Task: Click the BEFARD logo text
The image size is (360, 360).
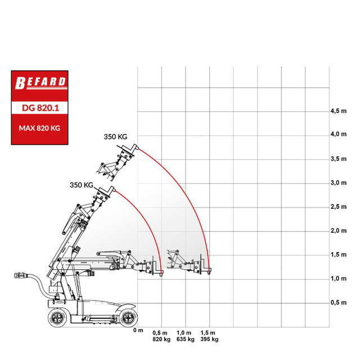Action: [40, 83]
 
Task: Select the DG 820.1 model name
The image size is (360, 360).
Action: [40, 108]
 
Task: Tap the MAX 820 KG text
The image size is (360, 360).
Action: [39, 128]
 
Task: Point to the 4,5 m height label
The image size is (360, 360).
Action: [339, 111]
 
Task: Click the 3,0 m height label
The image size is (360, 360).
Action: [339, 183]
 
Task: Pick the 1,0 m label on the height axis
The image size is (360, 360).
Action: [339, 279]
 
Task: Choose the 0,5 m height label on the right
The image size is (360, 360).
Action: [339, 303]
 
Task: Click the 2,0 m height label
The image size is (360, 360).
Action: [339, 231]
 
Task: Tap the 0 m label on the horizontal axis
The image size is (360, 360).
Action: [138, 330]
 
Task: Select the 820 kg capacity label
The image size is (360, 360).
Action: [161, 339]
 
